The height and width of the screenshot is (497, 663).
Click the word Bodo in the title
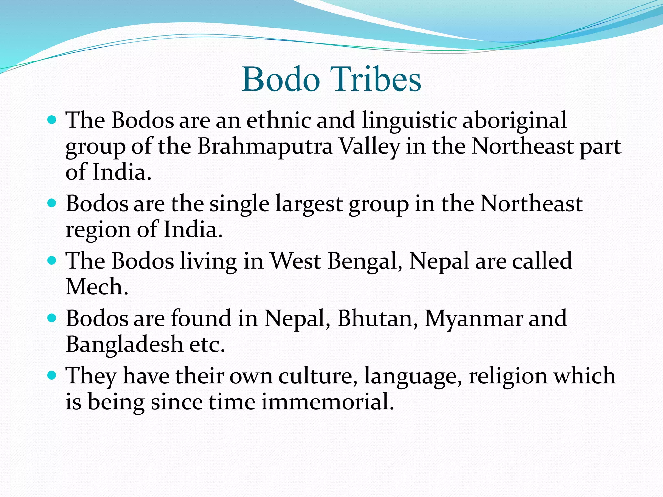pyautogui.click(x=280, y=79)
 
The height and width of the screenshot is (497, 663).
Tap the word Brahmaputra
pyautogui.click(x=265, y=146)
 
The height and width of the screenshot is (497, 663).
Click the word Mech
pyautogui.click(x=97, y=287)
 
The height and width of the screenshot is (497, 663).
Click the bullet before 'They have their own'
pyautogui.click(x=52, y=376)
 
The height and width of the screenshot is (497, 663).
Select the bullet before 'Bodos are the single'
pyautogui.click(x=52, y=203)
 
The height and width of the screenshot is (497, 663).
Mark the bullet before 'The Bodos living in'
pyautogui.click(x=52, y=260)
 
